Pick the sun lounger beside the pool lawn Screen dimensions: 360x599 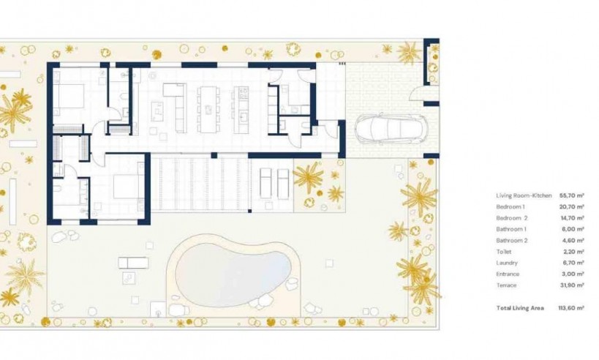click(x=133, y=262)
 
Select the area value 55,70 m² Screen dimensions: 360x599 click(x=571, y=196)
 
